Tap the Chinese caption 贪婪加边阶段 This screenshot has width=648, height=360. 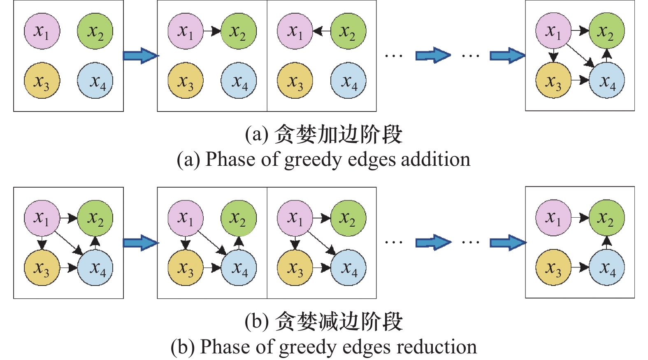point(338,134)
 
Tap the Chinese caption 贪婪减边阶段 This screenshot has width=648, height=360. point(339,321)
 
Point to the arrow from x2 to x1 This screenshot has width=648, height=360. point(321,31)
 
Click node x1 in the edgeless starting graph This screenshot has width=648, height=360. point(42,31)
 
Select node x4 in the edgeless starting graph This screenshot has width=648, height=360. point(95,81)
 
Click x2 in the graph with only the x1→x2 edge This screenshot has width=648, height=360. point(239,31)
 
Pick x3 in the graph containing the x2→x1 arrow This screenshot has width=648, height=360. point(295,81)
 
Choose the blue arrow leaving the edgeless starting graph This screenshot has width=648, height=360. point(140,56)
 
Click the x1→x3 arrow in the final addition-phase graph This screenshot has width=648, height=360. point(553,55)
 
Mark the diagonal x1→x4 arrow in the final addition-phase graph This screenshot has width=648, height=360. point(580,55)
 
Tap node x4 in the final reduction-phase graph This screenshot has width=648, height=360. point(606,267)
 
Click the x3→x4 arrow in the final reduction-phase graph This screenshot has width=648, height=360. point(580,267)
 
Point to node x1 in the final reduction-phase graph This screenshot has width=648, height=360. point(553,218)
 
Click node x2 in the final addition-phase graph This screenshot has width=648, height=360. point(606,31)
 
